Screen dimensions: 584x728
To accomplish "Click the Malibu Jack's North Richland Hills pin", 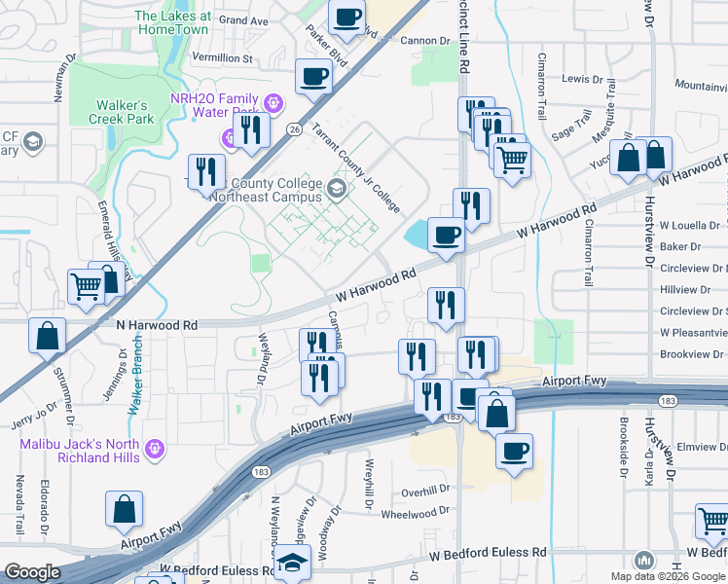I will pyautogui.click(x=153, y=449).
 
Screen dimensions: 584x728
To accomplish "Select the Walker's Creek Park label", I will pyautogui.click(x=125, y=112).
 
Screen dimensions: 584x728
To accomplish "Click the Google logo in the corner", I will pyautogui.click(x=32, y=572).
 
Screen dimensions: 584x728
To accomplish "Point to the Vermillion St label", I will pyautogui.click(x=222, y=58).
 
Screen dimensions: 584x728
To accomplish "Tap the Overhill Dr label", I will pyautogui.click(x=425, y=491).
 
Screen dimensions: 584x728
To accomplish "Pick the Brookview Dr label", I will pyautogui.click(x=693, y=354).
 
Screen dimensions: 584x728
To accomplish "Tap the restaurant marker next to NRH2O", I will pyautogui.click(x=253, y=129).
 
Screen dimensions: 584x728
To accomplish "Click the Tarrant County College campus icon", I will pyautogui.click(x=336, y=188).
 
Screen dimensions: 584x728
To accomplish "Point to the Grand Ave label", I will pyautogui.click(x=243, y=19).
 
